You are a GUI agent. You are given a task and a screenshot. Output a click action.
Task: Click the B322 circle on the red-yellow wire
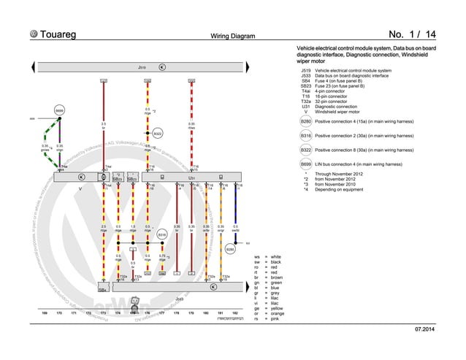point(157,134)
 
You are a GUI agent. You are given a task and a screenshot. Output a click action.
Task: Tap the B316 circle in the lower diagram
point(162,234)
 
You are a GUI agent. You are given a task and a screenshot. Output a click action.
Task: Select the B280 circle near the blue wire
point(230,249)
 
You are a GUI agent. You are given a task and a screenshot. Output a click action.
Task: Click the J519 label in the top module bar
point(142,67)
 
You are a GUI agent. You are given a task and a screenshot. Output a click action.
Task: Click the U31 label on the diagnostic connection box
point(192,177)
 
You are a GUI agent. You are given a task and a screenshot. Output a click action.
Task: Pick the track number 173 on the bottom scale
point(103,313)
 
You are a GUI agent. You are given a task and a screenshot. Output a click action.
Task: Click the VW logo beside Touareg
point(33,34)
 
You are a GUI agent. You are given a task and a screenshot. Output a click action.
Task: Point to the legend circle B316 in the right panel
point(307,137)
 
